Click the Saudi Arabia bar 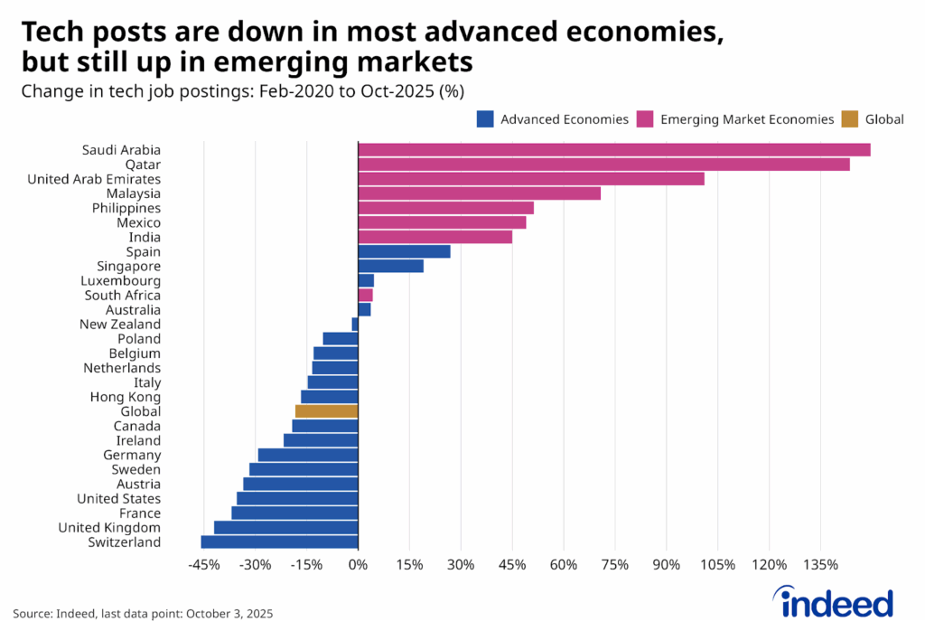pos(614,150)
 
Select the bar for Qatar pos(603,165)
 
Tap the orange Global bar pos(327,411)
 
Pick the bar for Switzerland pos(279,542)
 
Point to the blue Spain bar pos(404,251)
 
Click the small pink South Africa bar pos(365,296)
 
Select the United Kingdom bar pos(285,528)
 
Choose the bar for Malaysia pos(479,193)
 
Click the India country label pos(145,237)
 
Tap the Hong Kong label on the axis pos(125,397)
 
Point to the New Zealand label pos(120,325)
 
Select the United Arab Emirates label pos(94,179)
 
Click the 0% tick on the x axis pos(358,567)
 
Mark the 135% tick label pos(820,567)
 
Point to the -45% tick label pos(204,567)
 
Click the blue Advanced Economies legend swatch pos(484,118)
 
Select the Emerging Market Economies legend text pos(747,118)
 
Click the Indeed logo pos(833,601)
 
